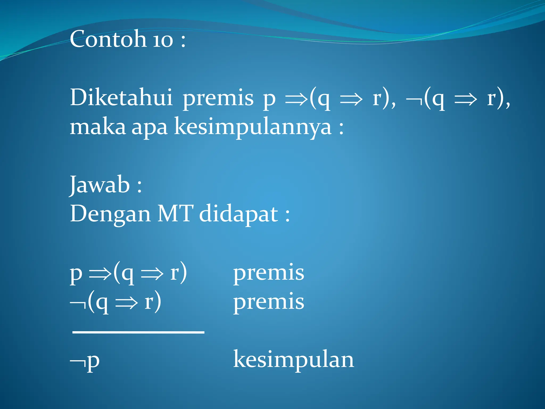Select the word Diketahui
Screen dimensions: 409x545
(121, 97)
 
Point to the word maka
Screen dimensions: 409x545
(97, 127)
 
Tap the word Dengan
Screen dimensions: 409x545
(110, 214)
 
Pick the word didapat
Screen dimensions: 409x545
(239, 214)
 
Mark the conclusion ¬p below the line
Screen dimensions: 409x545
(85, 362)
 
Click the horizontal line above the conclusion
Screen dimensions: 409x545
(138, 332)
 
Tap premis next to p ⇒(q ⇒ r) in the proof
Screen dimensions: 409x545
(269, 273)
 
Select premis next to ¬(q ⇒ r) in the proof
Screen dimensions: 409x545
(269, 302)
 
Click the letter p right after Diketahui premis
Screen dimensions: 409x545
(269, 100)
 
